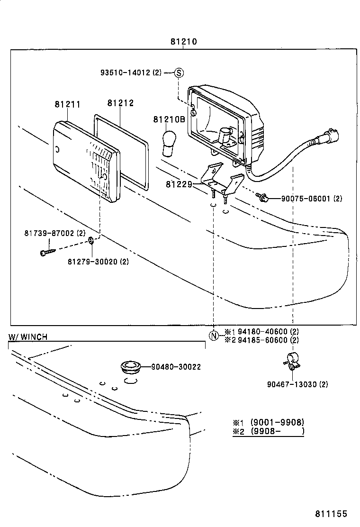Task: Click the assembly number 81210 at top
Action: coord(184,42)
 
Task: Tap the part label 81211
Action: coord(67,104)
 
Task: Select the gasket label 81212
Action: coord(120,103)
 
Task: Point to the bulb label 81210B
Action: coord(169,119)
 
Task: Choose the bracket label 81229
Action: coord(179,184)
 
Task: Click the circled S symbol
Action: coord(179,73)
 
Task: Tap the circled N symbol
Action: coord(214,336)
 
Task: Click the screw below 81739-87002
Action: coord(48,252)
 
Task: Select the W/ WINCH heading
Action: coord(28,337)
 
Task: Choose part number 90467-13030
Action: coord(297,384)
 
